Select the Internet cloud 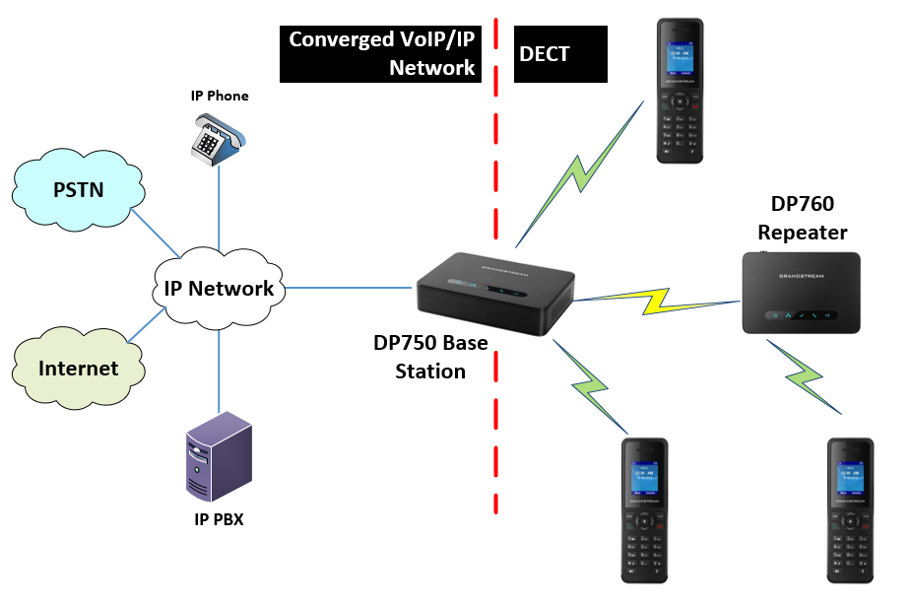pyautogui.click(x=78, y=369)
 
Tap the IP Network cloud pyautogui.click(x=218, y=288)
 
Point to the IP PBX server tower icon pyautogui.click(x=218, y=455)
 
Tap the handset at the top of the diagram pyautogui.click(x=681, y=91)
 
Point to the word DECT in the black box pyautogui.click(x=544, y=54)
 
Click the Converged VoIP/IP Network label pyautogui.click(x=382, y=54)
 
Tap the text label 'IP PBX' pyautogui.click(x=218, y=519)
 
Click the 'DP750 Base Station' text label pyautogui.click(x=430, y=357)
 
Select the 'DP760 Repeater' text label pyautogui.click(x=802, y=219)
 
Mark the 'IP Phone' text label pyautogui.click(x=219, y=97)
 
